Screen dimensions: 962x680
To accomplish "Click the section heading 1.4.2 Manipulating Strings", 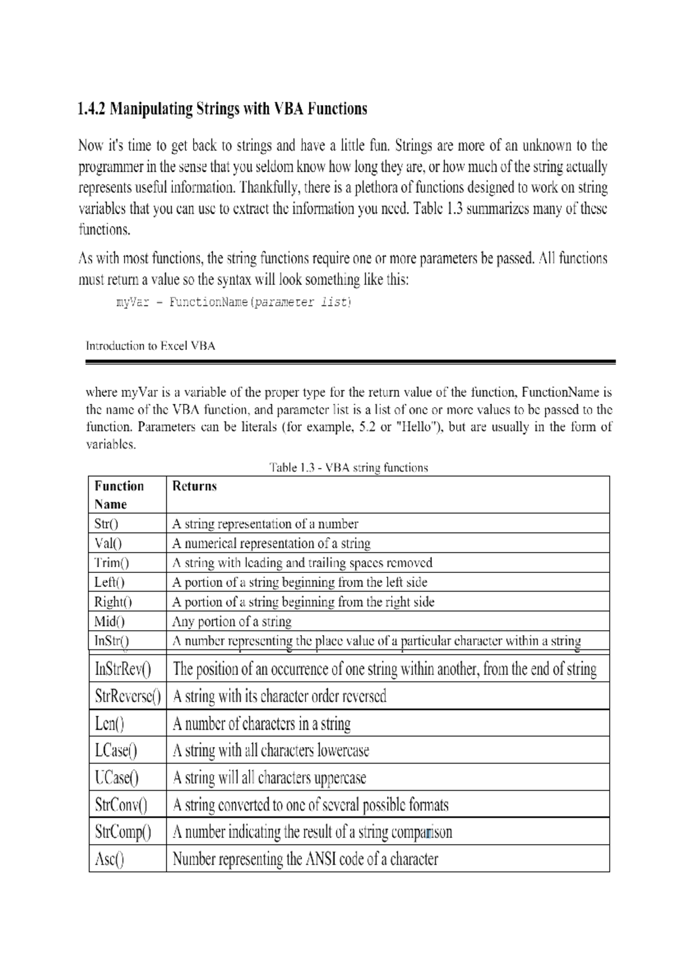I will coord(222,109).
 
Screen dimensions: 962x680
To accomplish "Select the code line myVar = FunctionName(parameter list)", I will coord(233,302).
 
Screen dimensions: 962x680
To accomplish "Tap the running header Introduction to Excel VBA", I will coord(150,346).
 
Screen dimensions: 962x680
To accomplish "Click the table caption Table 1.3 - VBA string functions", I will coord(348,468).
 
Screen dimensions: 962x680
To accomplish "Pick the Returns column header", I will coord(194,486).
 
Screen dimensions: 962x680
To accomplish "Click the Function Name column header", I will coord(119,495).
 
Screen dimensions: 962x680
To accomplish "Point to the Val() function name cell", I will coord(108,543).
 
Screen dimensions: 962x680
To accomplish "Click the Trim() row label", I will coord(112,563).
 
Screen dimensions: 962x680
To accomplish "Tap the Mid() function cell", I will coord(109,622).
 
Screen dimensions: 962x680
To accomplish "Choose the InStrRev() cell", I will coord(123,669).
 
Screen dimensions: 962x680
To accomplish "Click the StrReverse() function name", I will coord(127,696).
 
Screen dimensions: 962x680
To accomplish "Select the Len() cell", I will coord(109,724).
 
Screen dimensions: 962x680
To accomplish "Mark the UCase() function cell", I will coord(117,778).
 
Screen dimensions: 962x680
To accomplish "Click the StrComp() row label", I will coord(123,832).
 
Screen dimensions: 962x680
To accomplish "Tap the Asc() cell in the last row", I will coord(109,859).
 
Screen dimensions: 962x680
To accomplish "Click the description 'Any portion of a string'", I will coord(232,622).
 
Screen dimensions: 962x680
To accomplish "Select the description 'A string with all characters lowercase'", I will coord(271,751).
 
